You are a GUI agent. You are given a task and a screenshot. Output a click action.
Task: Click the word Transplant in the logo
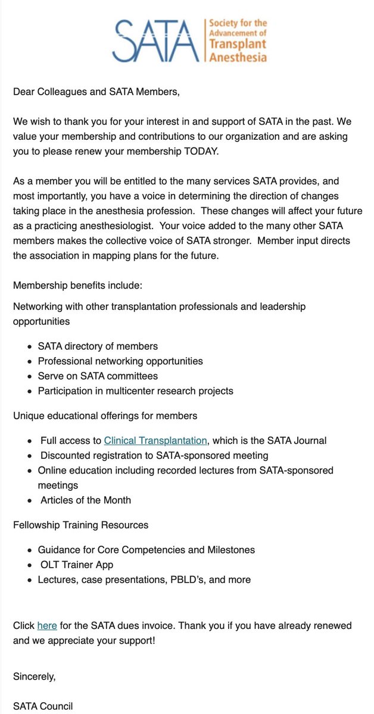coord(237,45)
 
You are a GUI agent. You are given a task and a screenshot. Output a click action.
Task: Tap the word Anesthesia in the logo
coord(238,57)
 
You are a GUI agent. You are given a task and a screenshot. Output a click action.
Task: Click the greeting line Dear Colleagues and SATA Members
coord(96,92)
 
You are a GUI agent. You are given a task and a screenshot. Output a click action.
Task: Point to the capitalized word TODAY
coord(200,151)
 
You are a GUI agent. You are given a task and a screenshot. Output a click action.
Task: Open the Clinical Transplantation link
coord(155,440)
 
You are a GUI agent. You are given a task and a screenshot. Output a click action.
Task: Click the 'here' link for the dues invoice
coord(47,625)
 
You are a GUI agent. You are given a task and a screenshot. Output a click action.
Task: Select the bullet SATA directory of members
coord(98,346)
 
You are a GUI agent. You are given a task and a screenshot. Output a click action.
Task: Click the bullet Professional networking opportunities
coord(120,361)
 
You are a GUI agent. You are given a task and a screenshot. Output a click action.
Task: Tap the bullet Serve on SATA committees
coord(98,376)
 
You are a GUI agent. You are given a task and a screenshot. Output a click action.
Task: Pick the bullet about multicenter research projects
coord(135,391)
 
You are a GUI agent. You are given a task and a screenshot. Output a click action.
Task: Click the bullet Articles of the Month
coord(86,500)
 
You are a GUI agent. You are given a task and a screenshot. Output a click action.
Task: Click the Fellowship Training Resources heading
coord(81,525)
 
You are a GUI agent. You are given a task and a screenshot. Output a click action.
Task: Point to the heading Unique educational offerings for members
coord(105,415)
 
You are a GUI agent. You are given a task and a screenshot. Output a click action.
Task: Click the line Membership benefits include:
coord(77,285)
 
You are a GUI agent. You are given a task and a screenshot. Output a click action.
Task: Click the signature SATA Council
coord(43,706)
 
